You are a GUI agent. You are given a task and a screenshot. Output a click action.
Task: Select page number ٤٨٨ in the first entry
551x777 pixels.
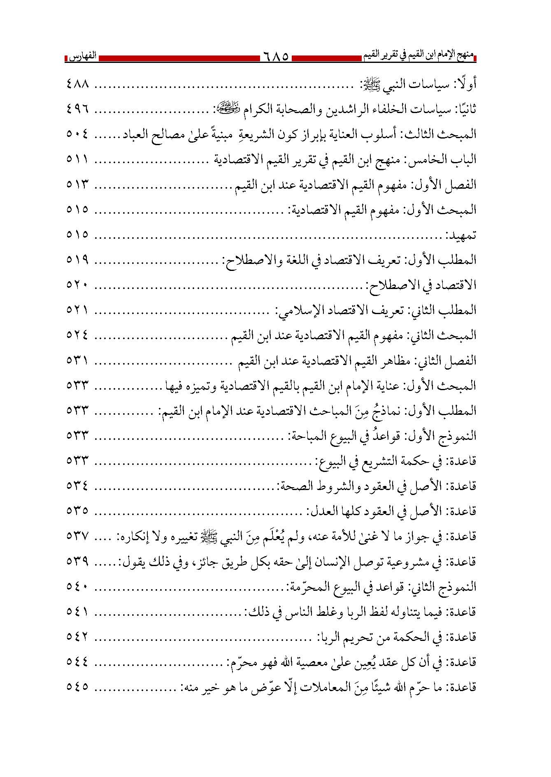click(x=78, y=84)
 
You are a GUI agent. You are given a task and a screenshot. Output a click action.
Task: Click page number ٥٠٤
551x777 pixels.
click(x=78, y=134)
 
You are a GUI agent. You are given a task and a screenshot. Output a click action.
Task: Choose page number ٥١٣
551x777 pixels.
click(x=78, y=185)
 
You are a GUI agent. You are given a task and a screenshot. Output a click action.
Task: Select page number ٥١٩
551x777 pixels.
click(x=78, y=260)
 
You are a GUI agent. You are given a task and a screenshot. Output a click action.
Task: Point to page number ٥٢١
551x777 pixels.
click(x=78, y=310)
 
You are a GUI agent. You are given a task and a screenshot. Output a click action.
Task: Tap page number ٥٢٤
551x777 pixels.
click(x=78, y=335)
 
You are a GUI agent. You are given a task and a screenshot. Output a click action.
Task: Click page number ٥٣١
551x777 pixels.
click(x=78, y=361)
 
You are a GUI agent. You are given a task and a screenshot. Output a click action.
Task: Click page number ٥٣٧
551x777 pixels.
click(x=78, y=536)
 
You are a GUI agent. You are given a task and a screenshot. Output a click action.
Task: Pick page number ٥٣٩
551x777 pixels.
click(x=78, y=561)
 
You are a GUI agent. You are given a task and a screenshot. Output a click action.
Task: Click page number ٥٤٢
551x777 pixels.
click(x=78, y=637)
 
